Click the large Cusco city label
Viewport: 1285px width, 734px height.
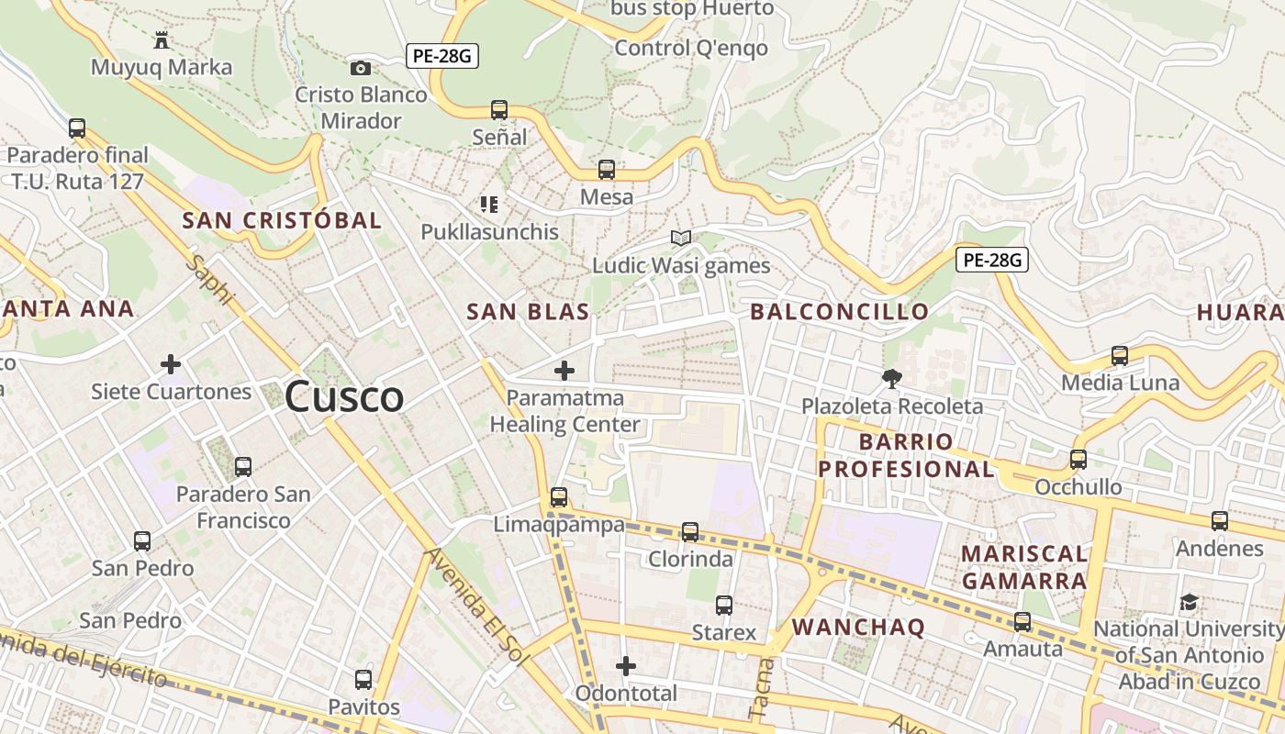click(344, 397)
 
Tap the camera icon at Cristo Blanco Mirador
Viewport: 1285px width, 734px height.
click(361, 68)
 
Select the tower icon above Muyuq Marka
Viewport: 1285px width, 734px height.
click(162, 39)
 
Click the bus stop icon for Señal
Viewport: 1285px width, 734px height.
click(499, 110)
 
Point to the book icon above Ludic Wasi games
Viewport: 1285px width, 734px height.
click(680, 239)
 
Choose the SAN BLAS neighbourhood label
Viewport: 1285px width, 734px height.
click(528, 312)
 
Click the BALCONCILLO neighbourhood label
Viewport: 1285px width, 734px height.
click(840, 312)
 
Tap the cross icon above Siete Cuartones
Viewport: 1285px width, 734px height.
click(171, 364)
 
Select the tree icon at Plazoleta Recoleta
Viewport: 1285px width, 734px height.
click(891, 378)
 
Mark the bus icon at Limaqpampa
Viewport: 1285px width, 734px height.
click(559, 497)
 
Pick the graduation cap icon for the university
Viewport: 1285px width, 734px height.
click(1189, 603)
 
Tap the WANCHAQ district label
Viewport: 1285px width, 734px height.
click(858, 628)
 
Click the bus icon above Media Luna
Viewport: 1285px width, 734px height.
click(1120, 356)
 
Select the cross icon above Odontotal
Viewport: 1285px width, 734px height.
click(626, 665)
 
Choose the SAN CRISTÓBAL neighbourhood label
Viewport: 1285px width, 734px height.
click(282, 220)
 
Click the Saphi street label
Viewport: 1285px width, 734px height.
click(211, 280)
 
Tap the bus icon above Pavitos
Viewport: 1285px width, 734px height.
click(363, 680)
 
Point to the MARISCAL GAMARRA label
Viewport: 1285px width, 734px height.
click(1023, 567)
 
